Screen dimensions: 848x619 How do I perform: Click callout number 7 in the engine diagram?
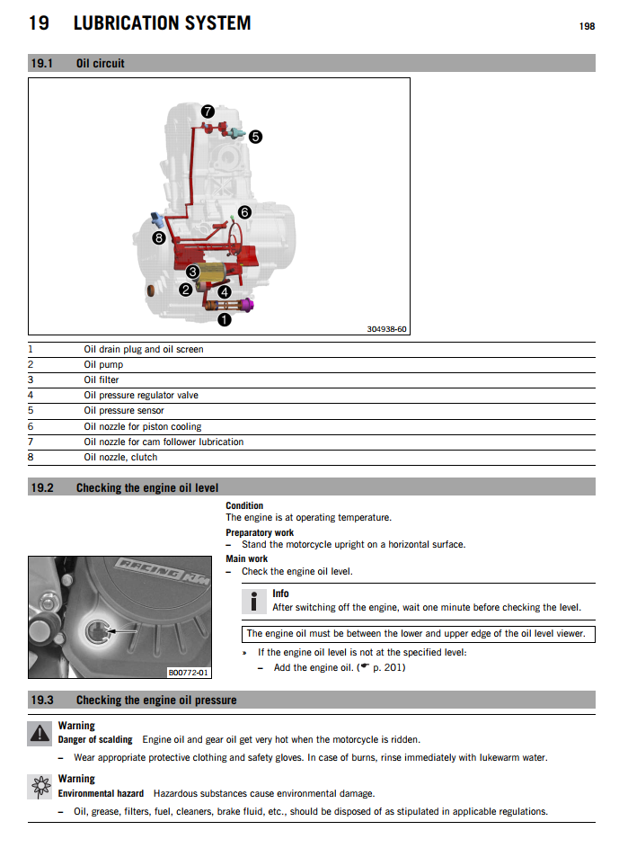coord(208,112)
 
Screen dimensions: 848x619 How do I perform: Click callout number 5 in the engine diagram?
coord(255,137)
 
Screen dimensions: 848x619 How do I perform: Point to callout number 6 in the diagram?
coord(244,212)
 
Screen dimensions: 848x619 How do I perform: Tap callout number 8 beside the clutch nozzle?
coord(159,238)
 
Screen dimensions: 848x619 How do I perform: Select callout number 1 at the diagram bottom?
coord(225,317)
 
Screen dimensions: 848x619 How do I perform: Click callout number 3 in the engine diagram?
coord(192,272)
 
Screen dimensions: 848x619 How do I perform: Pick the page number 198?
coord(587,26)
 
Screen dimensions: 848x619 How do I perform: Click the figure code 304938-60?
coord(386,329)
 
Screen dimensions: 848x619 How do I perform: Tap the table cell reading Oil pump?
coord(103,365)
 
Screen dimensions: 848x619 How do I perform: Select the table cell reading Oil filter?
coord(102,380)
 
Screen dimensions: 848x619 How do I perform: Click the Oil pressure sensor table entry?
coord(124,411)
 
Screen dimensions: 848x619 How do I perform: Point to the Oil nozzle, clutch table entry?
coord(120,457)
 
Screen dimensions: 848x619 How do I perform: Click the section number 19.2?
coord(42,487)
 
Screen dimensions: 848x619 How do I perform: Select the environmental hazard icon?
coord(40,786)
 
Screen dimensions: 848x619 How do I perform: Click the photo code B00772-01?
coord(188,672)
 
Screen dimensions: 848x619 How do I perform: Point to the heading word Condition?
coord(244,505)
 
